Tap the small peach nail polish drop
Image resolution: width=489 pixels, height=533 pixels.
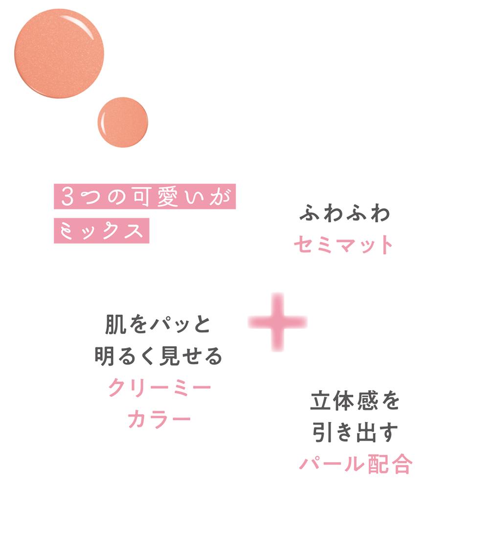(x=123, y=121)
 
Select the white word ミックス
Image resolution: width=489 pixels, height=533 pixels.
(x=102, y=229)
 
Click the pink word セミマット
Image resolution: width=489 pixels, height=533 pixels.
(x=343, y=244)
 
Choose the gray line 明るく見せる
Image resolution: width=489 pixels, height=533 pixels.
(x=157, y=356)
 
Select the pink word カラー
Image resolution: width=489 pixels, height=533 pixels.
(x=159, y=419)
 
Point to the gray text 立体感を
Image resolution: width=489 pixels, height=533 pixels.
(x=355, y=402)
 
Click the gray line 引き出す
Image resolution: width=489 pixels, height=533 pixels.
(x=355, y=433)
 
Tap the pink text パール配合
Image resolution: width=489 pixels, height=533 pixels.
(x=355, y=465)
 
